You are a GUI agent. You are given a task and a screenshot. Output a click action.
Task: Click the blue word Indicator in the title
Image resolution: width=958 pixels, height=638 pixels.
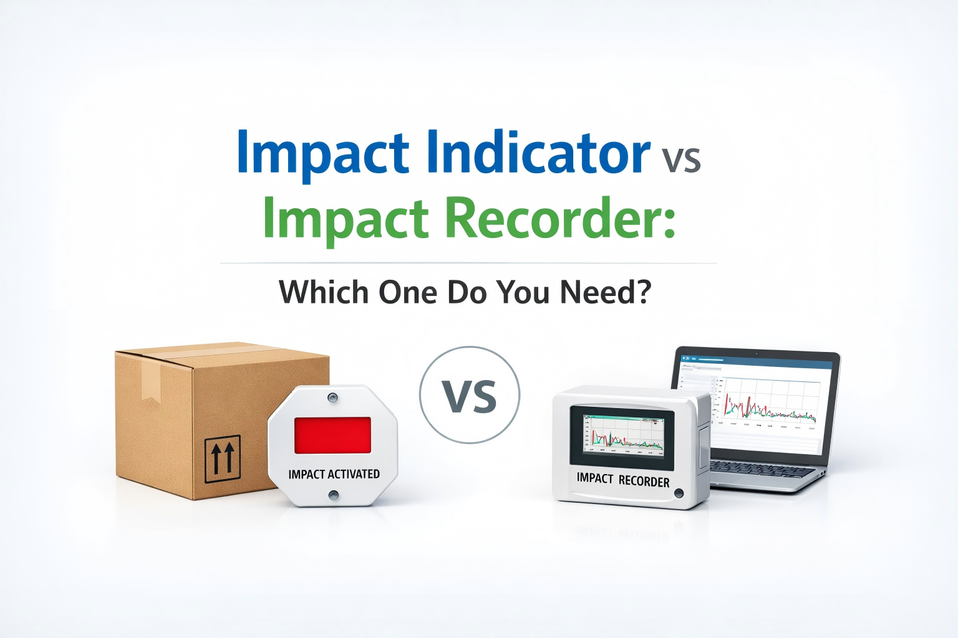point(539,153)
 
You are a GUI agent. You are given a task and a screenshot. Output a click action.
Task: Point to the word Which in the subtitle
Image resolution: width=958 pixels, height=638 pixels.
point(324,292)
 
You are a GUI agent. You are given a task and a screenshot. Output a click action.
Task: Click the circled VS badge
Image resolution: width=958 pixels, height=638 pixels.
point(469,395)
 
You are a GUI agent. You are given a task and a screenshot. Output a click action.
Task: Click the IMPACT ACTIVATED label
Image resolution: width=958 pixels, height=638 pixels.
point(334,474)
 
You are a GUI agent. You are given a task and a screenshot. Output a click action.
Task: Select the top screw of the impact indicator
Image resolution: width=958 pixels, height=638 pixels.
point(332,397)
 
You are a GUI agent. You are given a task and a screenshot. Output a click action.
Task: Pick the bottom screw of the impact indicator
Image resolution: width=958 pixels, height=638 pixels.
point(334,495)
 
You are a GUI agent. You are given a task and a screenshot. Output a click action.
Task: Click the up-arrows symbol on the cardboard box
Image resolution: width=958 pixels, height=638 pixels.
point(223,459)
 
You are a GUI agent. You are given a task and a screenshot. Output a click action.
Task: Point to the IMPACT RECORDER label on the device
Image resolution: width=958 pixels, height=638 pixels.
point(622,480)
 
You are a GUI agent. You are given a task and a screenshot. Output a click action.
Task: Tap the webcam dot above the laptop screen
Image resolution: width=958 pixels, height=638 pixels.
point(757,353)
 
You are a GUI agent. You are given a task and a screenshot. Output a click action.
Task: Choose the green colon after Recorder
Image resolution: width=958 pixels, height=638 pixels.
point(669,223)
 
